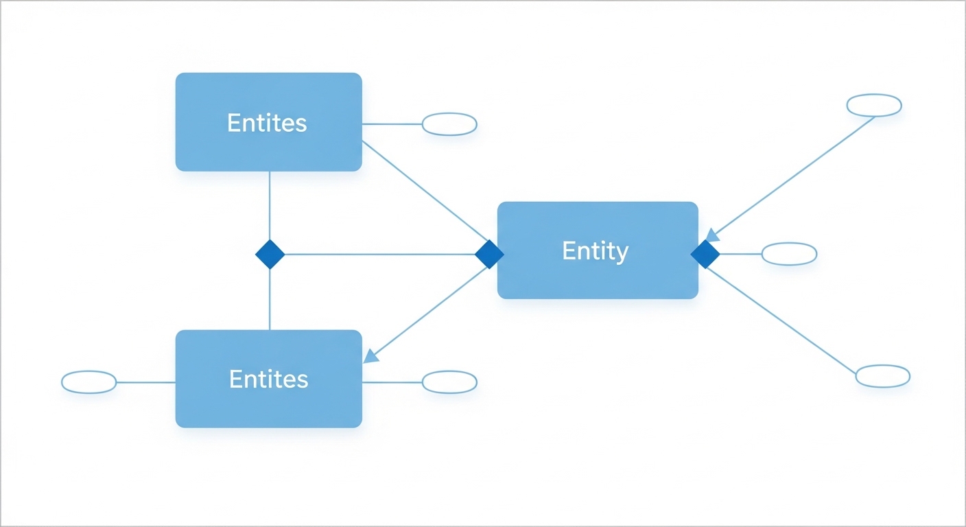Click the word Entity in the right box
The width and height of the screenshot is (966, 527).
click(595, 251)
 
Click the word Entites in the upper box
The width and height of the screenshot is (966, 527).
click(267, 123)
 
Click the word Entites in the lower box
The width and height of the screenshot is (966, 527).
click(268, 379)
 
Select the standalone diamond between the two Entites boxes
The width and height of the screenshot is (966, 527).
click(270, 255)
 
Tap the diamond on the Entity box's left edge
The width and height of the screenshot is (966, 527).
click(489, 255)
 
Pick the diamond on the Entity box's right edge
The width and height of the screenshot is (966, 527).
click(705, 255)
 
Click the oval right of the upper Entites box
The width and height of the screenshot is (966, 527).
click(449, 124)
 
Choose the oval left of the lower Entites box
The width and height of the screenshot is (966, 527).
click(89, 382)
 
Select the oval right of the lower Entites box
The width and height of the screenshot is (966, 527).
click(449, 382)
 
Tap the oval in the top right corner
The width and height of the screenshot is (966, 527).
click(873, 106)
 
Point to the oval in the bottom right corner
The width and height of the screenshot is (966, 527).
click(883, 376)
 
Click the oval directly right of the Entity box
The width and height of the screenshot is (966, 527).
click(789, 254)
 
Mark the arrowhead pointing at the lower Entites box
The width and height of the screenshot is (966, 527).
click(370, 355)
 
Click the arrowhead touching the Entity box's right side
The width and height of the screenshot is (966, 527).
click(713, 235)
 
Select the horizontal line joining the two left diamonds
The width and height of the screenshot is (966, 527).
click(379, 255)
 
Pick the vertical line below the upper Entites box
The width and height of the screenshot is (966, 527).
click(270, 206)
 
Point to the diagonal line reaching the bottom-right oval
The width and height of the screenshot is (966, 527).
click(782, 322)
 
